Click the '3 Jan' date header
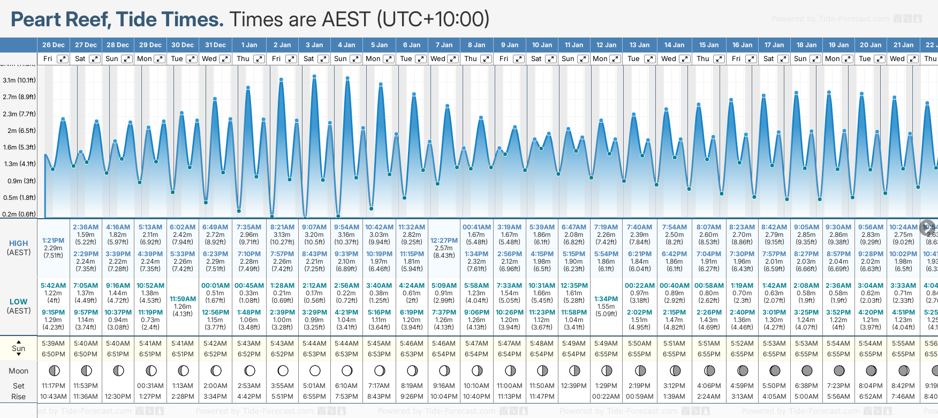coord(314,45)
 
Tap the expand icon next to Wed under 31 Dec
coord(225,59)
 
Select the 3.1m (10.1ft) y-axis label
coord(19,80)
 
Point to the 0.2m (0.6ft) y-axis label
coord(19,214)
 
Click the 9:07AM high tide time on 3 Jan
coord(314,227)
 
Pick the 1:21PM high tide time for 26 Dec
coord(54,241)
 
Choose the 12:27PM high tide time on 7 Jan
coord(444,241)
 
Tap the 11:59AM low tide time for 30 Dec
coord(183,299)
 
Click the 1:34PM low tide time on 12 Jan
coord(606,299)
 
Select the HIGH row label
coord(19,243)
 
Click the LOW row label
coord(19,302)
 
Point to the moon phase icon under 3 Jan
coord(315,370)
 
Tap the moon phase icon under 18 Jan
coord(806,370)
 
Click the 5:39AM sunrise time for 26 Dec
coord(54,344)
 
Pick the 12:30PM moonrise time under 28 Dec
coord(118,397)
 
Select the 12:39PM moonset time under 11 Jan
coord(574,386)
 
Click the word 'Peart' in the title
coord(36,20)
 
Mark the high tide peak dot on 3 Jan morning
coord(314,76)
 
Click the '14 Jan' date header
coord(675,45)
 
